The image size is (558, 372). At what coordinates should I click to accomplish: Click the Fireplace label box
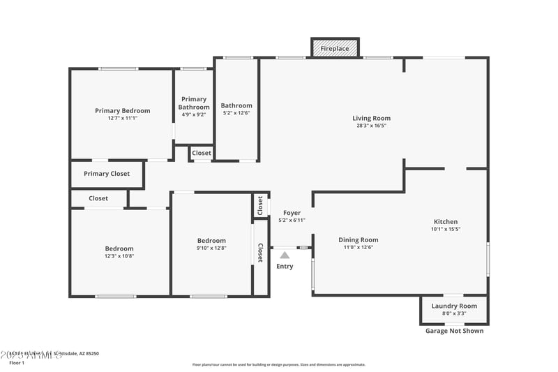pyautogui.click(x=335, y=49)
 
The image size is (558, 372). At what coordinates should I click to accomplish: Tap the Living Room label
pyautogui.click(x=371, y=118)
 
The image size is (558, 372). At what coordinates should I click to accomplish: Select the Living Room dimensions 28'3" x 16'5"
pyautogui.click(x=371, y=126)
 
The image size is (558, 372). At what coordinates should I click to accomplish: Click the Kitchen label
pyautogui.click(x=446, y=221)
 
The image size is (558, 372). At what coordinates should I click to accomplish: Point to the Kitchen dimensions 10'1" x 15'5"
pyautogui.click(x=446, y=229)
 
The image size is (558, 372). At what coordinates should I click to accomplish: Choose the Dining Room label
pyautogui.click(x=359, y=239)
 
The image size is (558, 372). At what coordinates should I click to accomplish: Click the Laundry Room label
pyautogui.click(x=454, y=306)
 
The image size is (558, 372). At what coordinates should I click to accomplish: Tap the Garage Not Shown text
pyautogui.click(x=454, y=331)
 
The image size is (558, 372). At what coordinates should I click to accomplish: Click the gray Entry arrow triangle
pyautogui.click(x=285, y=255)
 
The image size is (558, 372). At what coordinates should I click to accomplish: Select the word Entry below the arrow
pyautogui.click(x=285, y=267)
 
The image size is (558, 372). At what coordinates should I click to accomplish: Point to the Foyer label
pyautogui.click(x=292, y=212)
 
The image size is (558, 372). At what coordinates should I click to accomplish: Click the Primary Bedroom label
pyautogui.click(x=122, y=110)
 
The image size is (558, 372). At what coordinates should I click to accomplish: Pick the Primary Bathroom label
pyautogui.click(x=193, y=103)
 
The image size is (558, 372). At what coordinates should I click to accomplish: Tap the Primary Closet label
pyautogui.click(x=106, y=174)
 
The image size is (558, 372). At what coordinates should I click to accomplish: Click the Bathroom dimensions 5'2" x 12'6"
pyautogui.click(x=236, y=113)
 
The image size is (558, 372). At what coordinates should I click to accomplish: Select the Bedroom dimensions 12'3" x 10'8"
pyautogui.click(x=119, y=256)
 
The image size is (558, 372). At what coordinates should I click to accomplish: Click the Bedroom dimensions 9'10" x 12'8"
pyautogui.click(x=211, y=248)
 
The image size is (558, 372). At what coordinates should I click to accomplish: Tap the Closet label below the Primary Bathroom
pyautogui.click(x=202, y=153)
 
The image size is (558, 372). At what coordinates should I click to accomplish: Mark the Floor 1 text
pyautogui.click(x=17, y=363)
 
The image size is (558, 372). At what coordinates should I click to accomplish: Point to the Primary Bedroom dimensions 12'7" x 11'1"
pyautogui.click(x=122, y=119)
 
